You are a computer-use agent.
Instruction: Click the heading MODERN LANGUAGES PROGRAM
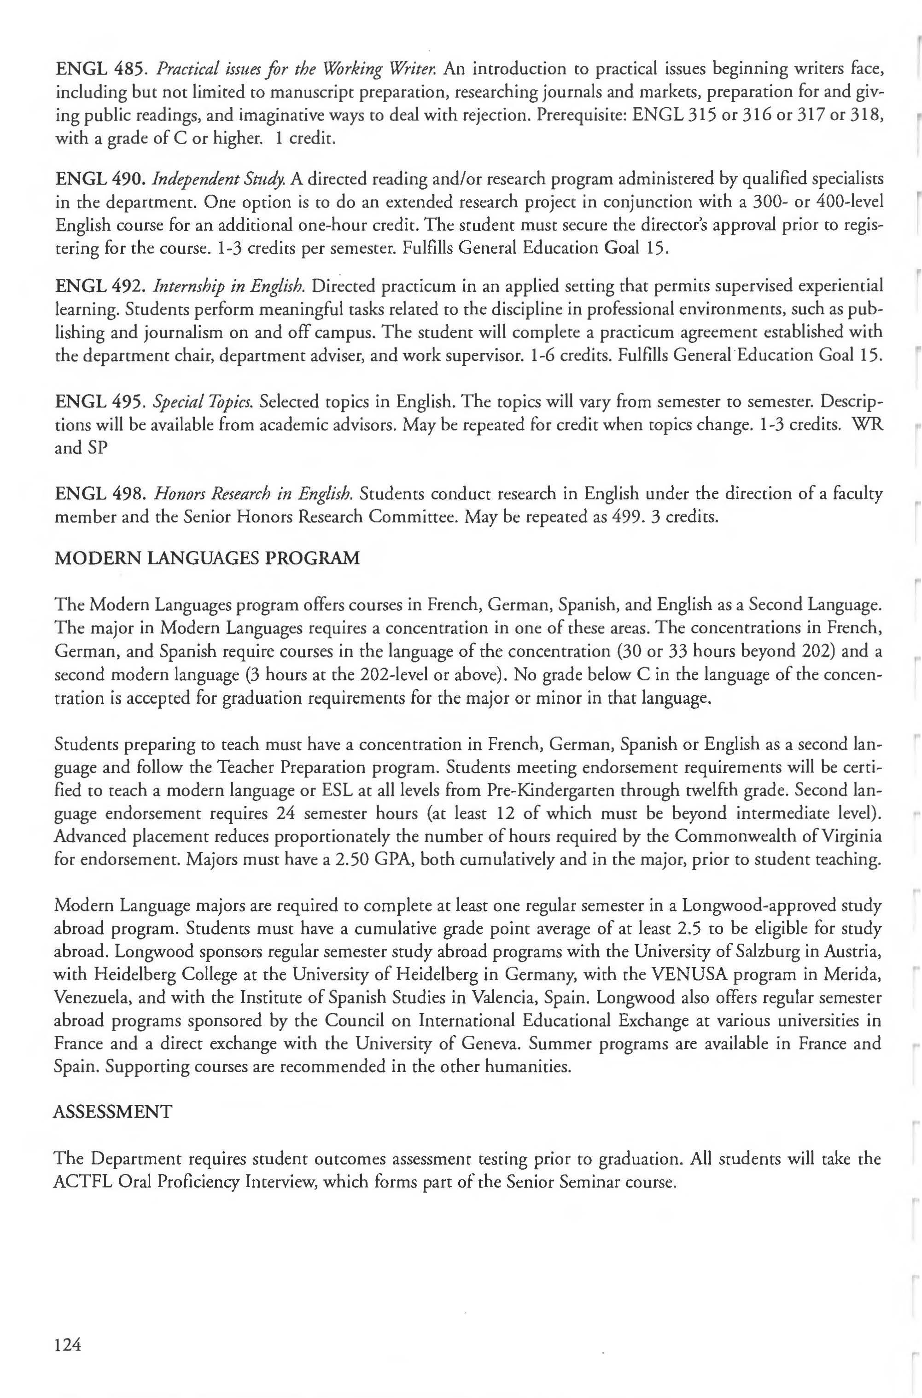[206, 557]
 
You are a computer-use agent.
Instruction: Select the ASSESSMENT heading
[113, 1112]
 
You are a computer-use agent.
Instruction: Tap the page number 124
[67, 1344]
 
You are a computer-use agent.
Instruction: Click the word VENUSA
[683, 975]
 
